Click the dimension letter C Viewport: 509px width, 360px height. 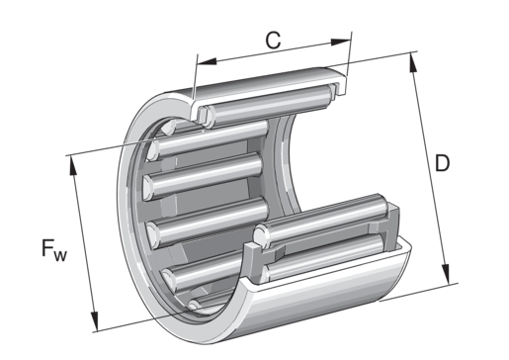(x=273, y=41)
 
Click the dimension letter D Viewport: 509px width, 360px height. (x=442, y=163)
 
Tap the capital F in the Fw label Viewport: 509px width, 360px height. (x=47, y=248)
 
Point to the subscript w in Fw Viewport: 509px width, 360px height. (x=60, y=255)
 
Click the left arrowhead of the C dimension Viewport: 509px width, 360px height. (x=207, y=61)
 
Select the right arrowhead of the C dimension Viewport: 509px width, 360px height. (x=341, y=42)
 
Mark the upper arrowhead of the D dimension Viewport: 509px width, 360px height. (x=413, y=62)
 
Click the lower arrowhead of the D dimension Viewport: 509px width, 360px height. (x=446, y=274)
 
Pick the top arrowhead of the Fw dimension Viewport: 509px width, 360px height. (x=73, y=165)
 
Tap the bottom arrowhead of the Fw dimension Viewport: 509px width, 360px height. (x=95, y=321)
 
